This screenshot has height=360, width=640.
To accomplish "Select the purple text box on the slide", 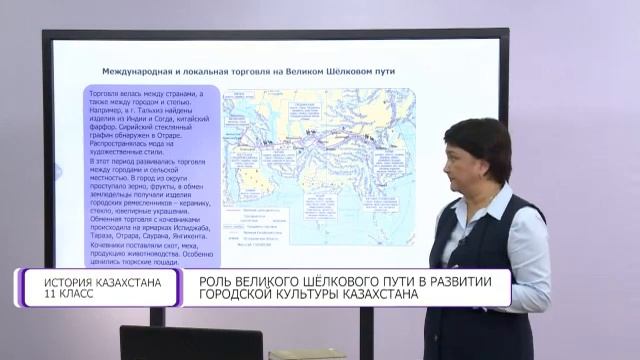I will click(151, 170).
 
